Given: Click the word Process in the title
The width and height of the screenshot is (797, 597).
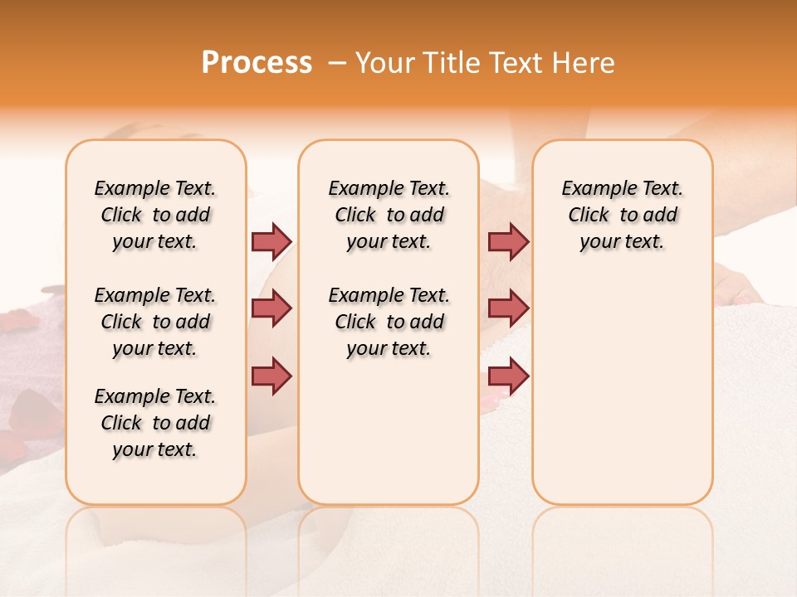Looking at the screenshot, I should point(257,63).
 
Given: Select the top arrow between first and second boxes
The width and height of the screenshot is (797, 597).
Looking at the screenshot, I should point(271,241).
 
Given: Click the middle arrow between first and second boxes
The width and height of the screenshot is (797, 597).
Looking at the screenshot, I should point(271,308).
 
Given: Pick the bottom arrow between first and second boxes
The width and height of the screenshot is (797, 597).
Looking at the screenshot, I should point(271,376).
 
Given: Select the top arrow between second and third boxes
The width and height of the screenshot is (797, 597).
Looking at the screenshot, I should point(508,241).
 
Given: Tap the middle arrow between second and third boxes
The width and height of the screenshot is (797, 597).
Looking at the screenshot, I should point(508,308).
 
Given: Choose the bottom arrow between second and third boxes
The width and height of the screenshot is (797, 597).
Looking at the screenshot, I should point(508,376).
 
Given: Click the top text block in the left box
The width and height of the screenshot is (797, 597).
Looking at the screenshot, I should point(155,215).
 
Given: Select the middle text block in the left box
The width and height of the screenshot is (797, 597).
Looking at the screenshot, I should point(155,322).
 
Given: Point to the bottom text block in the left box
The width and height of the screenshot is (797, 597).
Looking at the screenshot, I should point(155,423).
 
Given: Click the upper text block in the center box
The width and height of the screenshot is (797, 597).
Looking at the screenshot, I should point(389,215).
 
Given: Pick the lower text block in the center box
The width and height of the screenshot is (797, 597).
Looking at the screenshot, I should point(389,322).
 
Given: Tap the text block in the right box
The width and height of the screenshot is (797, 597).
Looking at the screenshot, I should point(622,215).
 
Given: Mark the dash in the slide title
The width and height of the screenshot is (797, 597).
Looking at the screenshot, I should point(337,63).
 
